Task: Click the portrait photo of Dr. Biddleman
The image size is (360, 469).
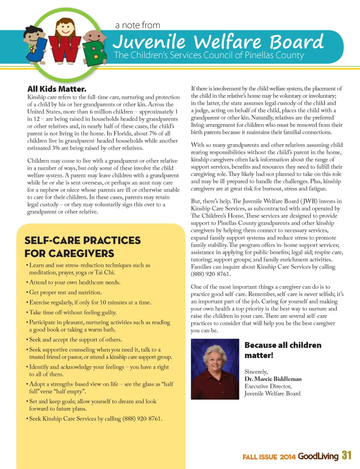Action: pyautogui.click(x=215, y=369)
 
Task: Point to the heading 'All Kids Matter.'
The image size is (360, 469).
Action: pyautogui.click(x=57, y=89)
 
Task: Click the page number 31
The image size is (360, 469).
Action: pyautogui.click(x=347, y=455)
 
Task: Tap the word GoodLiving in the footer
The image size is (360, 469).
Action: pyautogui.click(x=318, y=456)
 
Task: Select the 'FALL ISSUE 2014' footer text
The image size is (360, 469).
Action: pyautogui.click(x=269, y=457)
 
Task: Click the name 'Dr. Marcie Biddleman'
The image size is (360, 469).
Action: pyautogui.click(x=273, y=379)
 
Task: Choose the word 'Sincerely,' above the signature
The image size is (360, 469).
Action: pyautogui.click(x=256, y=372)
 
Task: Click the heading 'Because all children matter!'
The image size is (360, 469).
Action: pyautogui.click(x=283, y=350)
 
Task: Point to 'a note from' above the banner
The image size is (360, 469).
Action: pyautogui.click(x=137, y=25)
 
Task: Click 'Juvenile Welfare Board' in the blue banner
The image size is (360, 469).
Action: pyautogui.click(x=218, y=42)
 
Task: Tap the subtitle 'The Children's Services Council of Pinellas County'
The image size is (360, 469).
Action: pyautogui.click(x=208, y=55)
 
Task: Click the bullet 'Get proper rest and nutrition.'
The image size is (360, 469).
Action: pyautogui.click(x=65, y=293)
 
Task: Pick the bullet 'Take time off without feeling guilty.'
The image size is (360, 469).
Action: pyautogui.click(x=73, y=313)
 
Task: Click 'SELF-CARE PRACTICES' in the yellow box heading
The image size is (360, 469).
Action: pyautogui.click(x=83, y=240)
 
